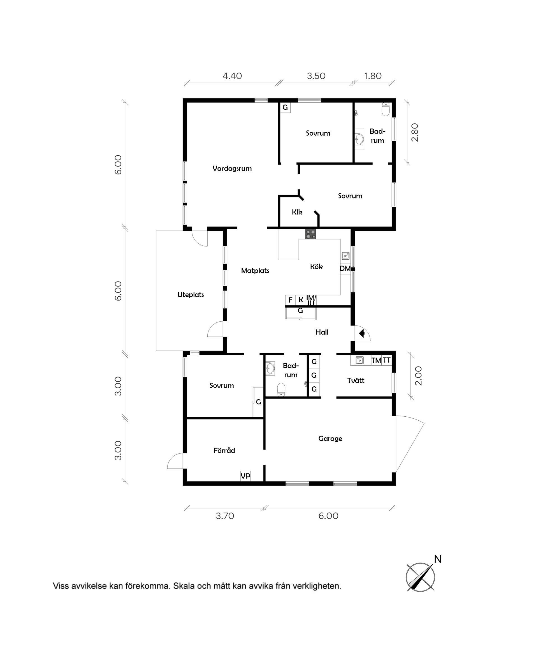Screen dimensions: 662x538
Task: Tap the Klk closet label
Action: click(x=297, y=212)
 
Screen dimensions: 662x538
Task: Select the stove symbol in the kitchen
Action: click(x=310, y=234)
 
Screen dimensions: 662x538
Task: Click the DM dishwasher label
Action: click(x=345, y=269)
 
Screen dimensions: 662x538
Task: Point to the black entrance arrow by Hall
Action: click(x=362, y=333)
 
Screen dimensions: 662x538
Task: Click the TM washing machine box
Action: click(x=376, y=360)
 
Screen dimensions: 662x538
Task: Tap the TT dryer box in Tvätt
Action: click(x=386, y=360)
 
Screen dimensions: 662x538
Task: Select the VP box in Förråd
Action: click(x=245, y=476)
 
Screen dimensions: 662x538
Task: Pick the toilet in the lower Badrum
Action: click(x=281, y=389)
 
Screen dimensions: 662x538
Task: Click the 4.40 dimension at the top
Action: click(x=232, y=76)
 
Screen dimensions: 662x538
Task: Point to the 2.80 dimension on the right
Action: click(x=415, y=133)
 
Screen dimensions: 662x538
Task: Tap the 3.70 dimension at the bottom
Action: click(x=225, y=516)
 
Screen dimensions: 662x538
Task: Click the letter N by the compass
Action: click(x=437, y=559)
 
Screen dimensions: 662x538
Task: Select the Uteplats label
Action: click(x=191, y=295)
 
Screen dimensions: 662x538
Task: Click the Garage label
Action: click(x=330, y=439)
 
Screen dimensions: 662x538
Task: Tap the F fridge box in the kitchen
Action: click(x=290, y=300)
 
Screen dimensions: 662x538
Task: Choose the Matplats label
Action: click(x=255, y=271)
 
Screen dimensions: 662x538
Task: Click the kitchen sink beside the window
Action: click(x=345, y=256)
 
